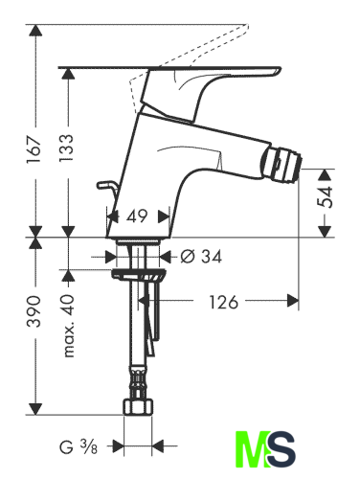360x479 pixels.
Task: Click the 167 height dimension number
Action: (x=34, y=149)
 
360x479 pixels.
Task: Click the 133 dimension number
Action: (x=67, y=148)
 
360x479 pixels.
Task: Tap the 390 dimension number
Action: (x=34, y=311)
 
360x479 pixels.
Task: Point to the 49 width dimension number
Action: (x=137, y=217)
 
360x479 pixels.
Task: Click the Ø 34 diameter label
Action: (x=201, y=257)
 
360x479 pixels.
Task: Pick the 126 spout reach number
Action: (x=223, y=302)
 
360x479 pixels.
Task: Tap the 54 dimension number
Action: (x=325, y=197)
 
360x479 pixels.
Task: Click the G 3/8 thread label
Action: (x=79, y=446)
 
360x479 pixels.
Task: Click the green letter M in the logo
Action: (x=251, y=449)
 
